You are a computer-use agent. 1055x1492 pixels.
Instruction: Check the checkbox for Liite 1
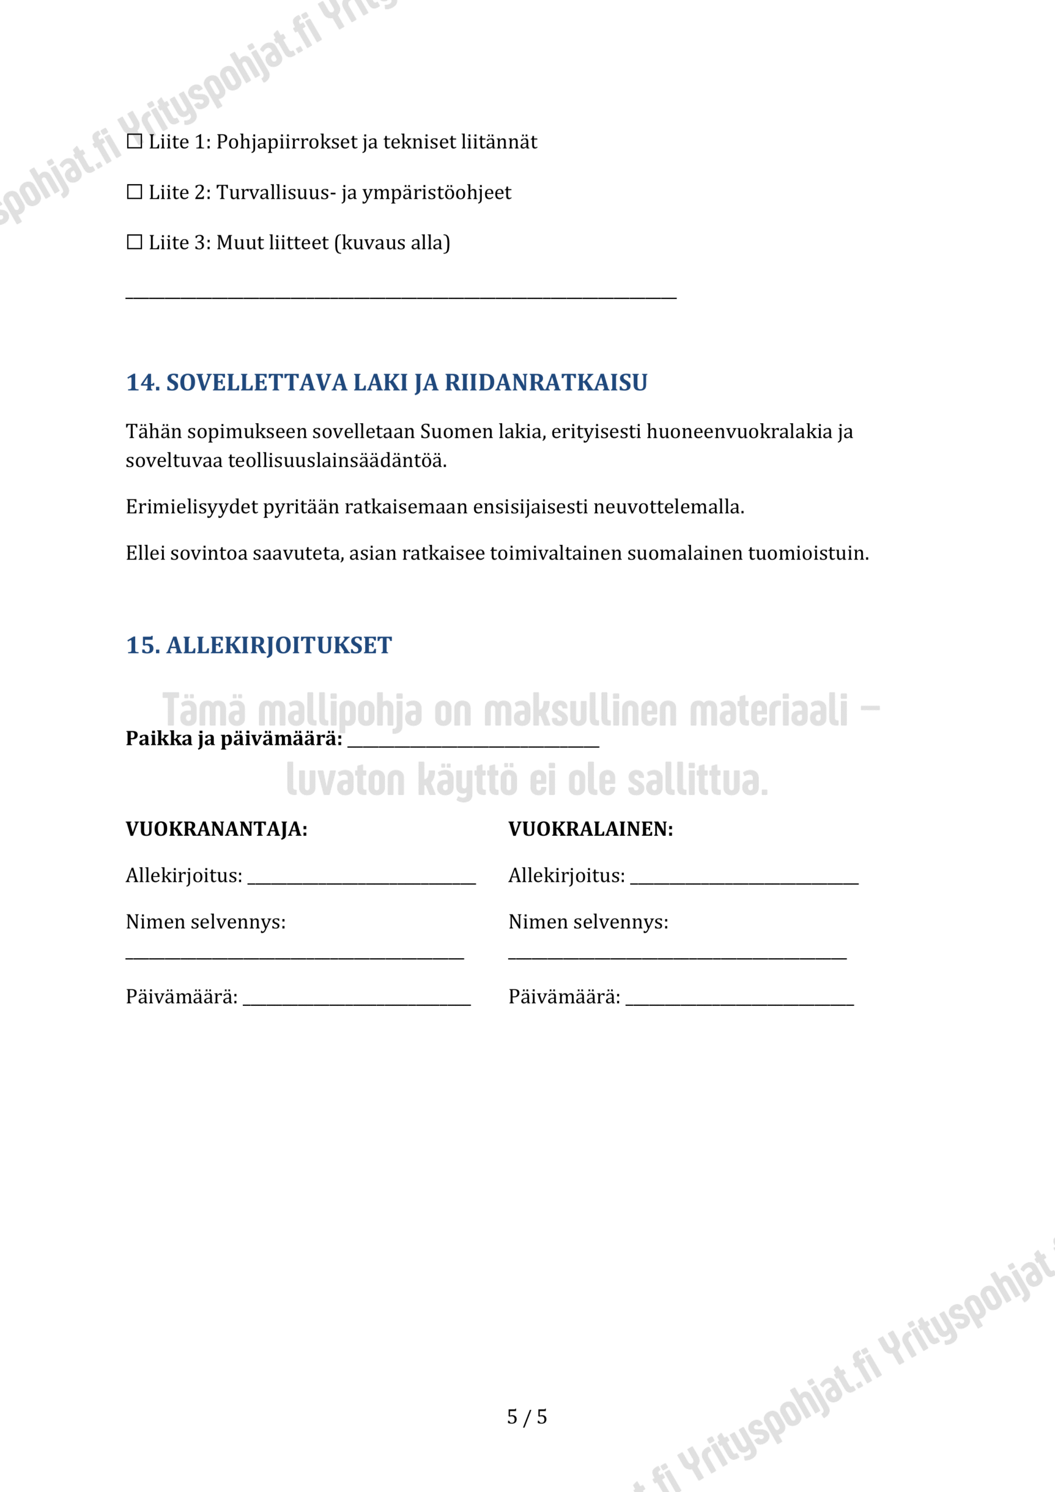[135, 142]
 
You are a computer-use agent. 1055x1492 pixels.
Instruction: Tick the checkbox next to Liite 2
[135, 192]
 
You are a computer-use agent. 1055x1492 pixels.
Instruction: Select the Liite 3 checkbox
[135, 242]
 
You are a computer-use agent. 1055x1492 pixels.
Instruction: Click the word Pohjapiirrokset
[287, 142]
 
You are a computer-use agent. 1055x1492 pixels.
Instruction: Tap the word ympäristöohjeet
[436, 193]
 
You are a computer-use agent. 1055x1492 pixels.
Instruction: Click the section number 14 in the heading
[142, 383]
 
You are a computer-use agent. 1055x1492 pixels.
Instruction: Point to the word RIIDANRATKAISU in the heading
[546, 383]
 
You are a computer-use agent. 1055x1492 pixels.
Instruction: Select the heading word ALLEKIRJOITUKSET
[280, 645]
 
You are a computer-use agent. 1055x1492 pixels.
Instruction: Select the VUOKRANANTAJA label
[216, 830]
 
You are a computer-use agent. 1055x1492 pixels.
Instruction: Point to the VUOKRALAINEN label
[591, 830]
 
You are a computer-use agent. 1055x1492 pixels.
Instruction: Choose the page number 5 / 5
[527, 1417]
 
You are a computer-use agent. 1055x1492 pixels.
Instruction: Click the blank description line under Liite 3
[401, 295]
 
